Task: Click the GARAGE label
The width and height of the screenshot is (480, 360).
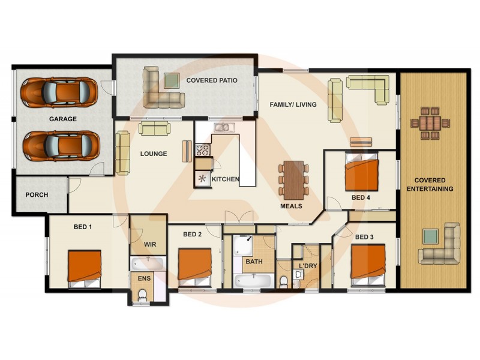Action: pyautogui.click(x=63, y=119)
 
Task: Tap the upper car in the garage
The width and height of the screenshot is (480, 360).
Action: pyautogui.click(x=59, y=92)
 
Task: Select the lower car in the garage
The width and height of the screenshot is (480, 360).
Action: pyautogui.click(x=61, y=145)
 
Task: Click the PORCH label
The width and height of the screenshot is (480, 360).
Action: pyautogui.click(x=37, y=195)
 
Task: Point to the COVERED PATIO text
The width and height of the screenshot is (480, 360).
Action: pyautogui.click(x=212, y=80)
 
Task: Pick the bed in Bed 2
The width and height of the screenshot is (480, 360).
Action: pyautogui.click(x=195, y=266)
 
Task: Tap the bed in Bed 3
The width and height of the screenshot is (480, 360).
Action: pyautogui.click(x=368, y=264)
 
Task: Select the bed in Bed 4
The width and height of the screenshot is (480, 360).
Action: pyautogui.click(x=361, y=172)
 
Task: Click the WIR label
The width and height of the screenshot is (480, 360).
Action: pyautogui.click(x=150, y=244)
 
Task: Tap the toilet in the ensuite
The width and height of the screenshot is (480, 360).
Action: pyautogui.click(x=142, y=295)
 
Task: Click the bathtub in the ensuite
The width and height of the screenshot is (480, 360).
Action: pyautogui.click(x=148, y=263)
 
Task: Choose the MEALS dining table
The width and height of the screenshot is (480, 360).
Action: pyautogui.click(x=293, y=179)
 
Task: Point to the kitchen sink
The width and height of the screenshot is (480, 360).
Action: pyautogui.click(x=223, y=127)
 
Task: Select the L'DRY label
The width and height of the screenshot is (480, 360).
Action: pyautogui.click(x=308, y=266)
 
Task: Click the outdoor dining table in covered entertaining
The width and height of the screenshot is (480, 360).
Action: pyautogui.click(x=430, y=123)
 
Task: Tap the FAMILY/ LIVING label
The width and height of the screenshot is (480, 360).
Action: pyautogui.click(x=293, y=104)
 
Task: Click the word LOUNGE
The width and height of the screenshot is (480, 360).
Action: pyautogui.click(x=154, y=154)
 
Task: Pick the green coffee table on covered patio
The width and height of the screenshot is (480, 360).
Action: pyautogui.click(x=172, y=80)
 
